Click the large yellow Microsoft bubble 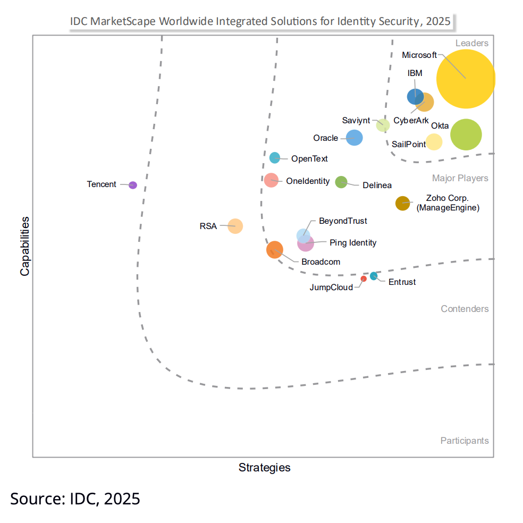point(466,79)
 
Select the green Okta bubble point(466,134)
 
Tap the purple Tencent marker point(133,185)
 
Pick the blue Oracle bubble point(354,138)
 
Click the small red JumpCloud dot point(364,279)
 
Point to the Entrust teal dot point(374,275)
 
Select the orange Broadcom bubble point(275,249)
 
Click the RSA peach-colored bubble point(235,226)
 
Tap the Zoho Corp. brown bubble point(402,203)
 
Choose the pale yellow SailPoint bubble point(434,142)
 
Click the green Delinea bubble point(341,182)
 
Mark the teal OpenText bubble point(275,157)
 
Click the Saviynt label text point(356,121)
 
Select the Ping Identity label point(353,243)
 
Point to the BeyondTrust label point(342,221)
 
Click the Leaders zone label point(471,43)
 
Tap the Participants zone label point(464,441)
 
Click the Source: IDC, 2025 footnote point(75,499)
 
